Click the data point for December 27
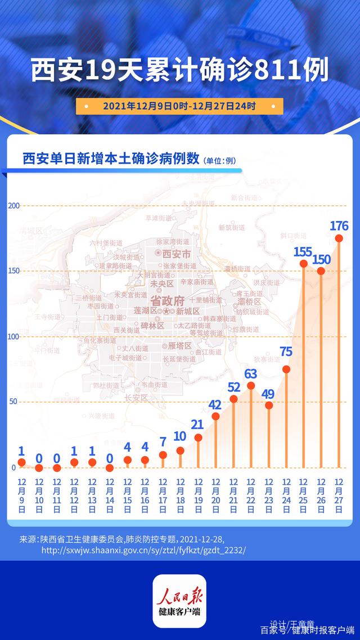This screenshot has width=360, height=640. click(x=339, y=238)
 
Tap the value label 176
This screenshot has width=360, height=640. click(x=339, y=226)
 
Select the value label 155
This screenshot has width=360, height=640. click(x=303, y=252)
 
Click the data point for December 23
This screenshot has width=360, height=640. click(x=269, y=405)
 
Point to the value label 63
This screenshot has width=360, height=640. click(x=251, y=373)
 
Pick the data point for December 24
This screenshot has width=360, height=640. click(x=286, y=369)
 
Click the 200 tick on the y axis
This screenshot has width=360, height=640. click(x=14, y=206)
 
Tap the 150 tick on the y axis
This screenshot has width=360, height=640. click(x=14, y=271)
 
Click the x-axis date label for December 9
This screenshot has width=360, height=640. click(x=21, y=496)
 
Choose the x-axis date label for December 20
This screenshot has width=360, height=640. click(x=215, y=496)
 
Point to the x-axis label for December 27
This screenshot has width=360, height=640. click(x=339, y=496)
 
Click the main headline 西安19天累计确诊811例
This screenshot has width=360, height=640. click(x=179, y=72)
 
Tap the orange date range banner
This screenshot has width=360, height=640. click(x=179, y=106)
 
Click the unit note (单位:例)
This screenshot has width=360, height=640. click(x=220, y=161)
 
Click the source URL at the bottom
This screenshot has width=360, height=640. click(x=143, y=549)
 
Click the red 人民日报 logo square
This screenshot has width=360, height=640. click(x=180, y=601)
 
